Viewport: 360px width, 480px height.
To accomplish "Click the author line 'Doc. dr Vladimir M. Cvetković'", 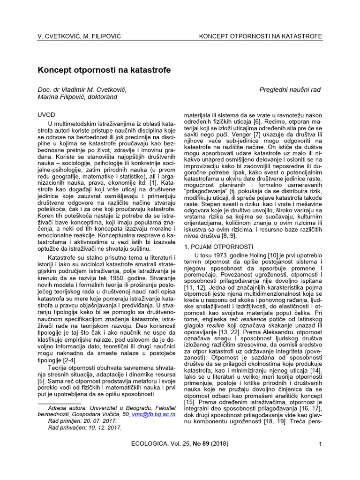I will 82,90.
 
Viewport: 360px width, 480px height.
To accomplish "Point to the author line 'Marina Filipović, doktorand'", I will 77,97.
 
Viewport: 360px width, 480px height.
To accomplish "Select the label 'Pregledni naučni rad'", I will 290,90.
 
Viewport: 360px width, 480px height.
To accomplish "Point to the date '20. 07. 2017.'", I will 89,421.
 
